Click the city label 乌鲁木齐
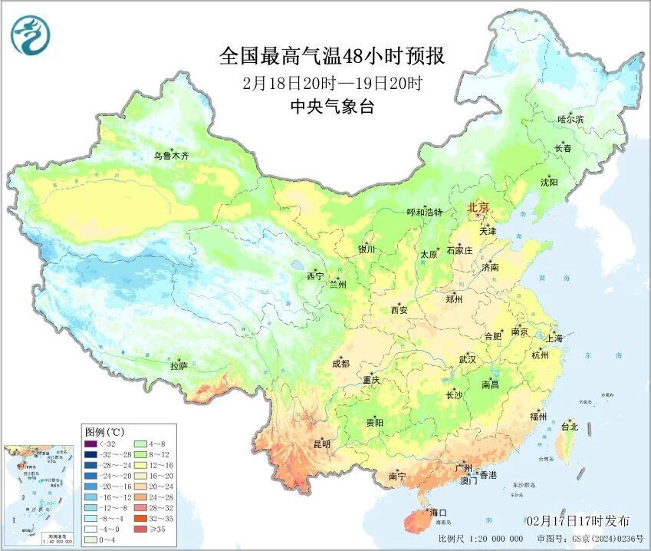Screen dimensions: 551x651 170,156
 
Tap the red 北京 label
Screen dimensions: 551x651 478,207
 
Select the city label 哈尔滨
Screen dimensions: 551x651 570,120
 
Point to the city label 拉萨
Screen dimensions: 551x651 179,366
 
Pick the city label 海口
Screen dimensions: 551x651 438,512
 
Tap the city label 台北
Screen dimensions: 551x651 569,427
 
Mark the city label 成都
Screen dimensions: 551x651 340,364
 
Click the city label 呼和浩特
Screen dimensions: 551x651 424,213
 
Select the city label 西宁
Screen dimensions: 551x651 315,275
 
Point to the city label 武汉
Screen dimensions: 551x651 467,359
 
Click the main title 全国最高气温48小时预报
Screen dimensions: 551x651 331,56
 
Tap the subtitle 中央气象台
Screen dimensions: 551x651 331,107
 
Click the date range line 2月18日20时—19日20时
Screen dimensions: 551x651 331,83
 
